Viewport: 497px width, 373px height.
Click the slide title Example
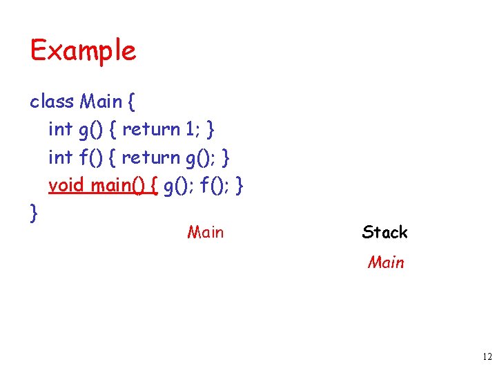(83, 51)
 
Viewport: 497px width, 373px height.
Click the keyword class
(51, 102)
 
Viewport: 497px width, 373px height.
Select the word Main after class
(101, 102)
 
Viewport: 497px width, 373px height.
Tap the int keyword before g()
(60, 129)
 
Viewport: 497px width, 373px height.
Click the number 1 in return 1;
(189, 129)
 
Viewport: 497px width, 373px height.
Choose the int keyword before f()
(60, 157)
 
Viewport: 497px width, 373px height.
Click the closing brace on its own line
(34, 213)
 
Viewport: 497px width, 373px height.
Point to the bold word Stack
(384, 232)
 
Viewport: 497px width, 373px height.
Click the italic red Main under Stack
(386, 262)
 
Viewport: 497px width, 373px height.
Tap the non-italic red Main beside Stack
(205, 232)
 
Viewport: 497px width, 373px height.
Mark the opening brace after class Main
(131, 102)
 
